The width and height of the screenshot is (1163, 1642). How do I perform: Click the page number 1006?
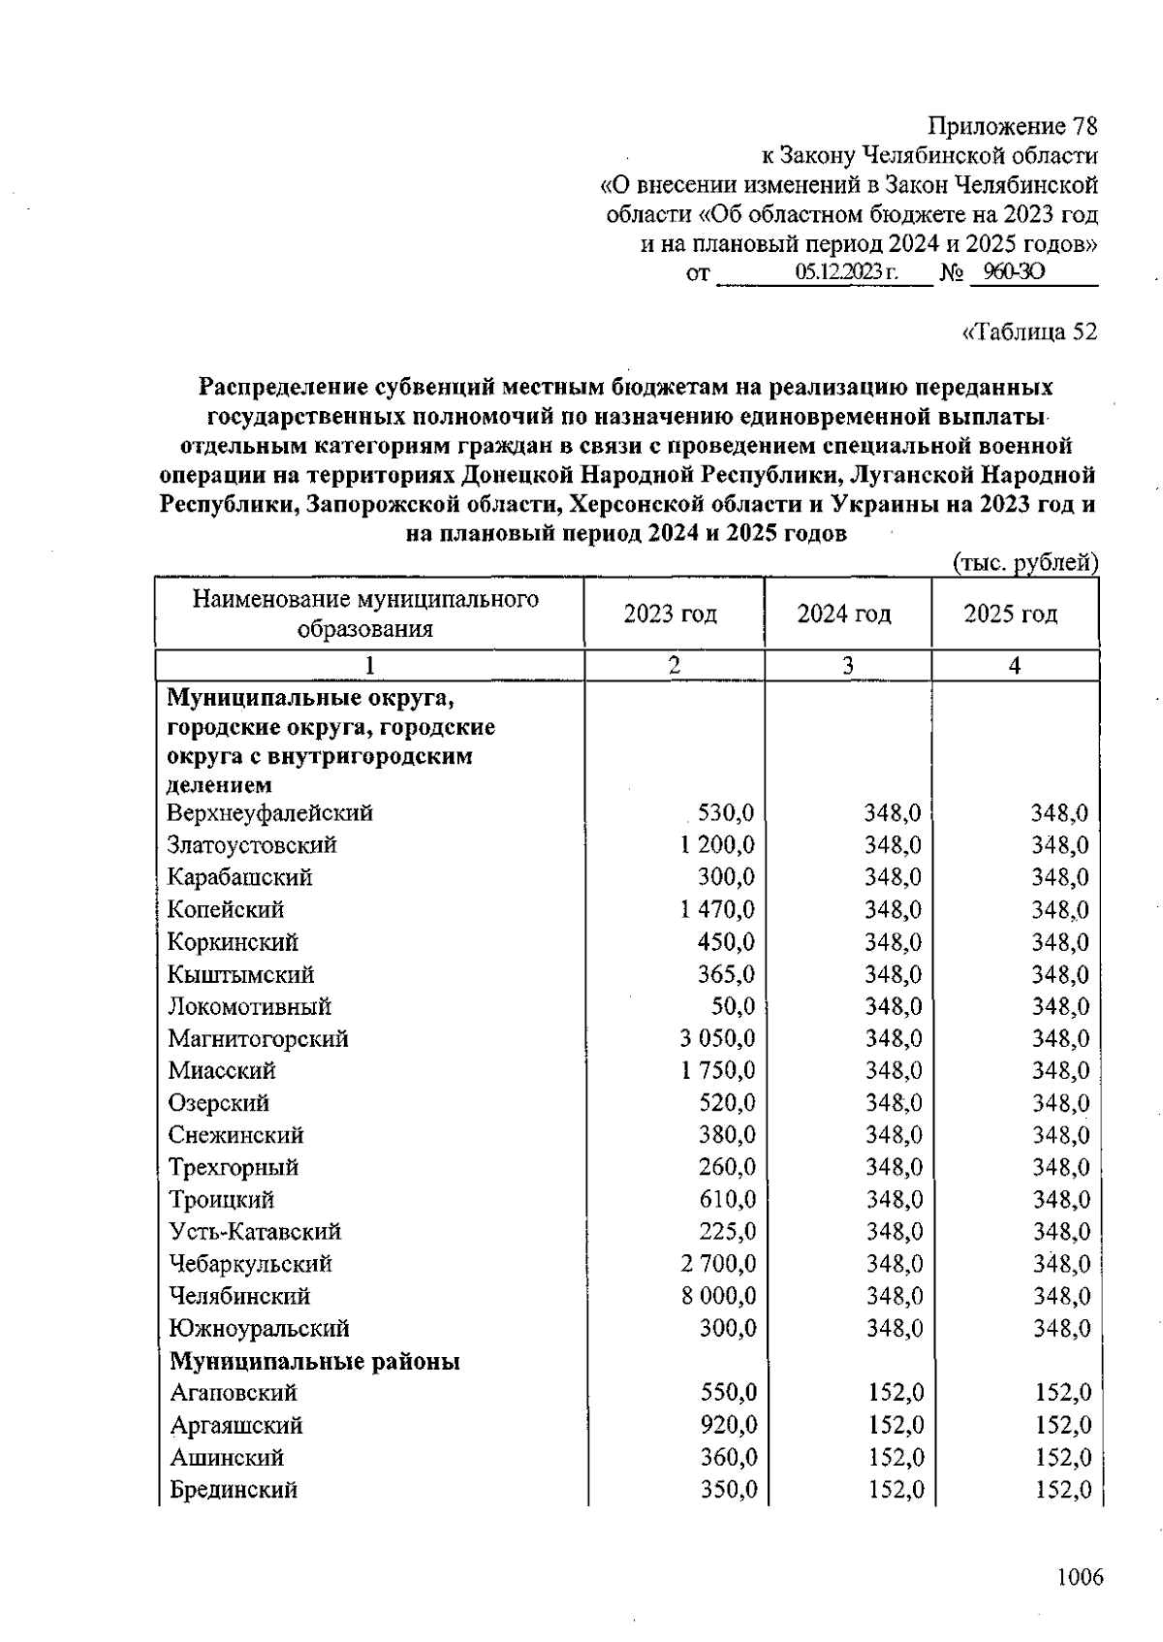click(x=1080, y=1578)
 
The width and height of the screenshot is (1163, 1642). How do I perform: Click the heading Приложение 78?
click(x=1013, y=126)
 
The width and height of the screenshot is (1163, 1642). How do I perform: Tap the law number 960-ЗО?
click(x=1013, y=272)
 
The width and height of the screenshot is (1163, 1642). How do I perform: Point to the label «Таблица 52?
click(x=1028, y=332)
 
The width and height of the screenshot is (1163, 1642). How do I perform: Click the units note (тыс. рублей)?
click(x=1026, y=563)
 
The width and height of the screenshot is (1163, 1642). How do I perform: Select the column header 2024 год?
click(x=844, y=615)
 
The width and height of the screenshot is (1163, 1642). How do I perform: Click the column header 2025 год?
click(x=1011, y=615)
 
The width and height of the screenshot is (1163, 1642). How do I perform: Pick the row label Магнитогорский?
click(x=258, y=1039)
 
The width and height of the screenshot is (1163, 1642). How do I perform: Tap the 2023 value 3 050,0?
click(x=717, y=1039)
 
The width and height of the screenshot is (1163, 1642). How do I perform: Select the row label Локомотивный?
click(x=249, y=1007)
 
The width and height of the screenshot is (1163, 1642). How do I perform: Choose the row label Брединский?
click(x=234, y=1490)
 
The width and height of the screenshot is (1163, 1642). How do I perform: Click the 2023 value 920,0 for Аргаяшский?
click(x=729, y=1426)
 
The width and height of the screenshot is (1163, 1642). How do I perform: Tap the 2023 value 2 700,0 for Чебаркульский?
click(x=717, y=1264)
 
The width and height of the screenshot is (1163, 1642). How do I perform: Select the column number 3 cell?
click(x=848, y=666)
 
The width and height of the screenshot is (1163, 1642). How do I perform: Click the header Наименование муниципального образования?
click(x=365, y=615)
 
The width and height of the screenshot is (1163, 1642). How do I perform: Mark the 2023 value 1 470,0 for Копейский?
click(x=717, y=910)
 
